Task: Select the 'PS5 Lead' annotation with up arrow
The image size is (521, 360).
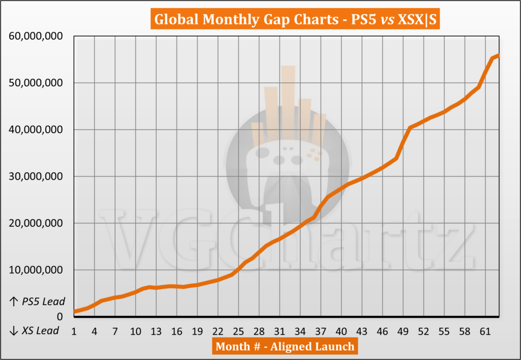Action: tap(38, 302)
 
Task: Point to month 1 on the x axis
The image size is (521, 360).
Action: tap(74, 332)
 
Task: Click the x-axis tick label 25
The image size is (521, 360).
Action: tap(238, 332)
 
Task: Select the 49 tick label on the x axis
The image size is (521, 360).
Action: tap(402, 332)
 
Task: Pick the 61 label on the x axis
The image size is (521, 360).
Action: tap(484, 332)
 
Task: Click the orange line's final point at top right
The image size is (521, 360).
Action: tap(499, 55)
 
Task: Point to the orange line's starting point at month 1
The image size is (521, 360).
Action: tap(75, 311)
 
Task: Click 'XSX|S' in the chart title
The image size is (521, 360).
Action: tap(413, 20)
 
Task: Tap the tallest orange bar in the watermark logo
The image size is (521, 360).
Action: tap(288, 102)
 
